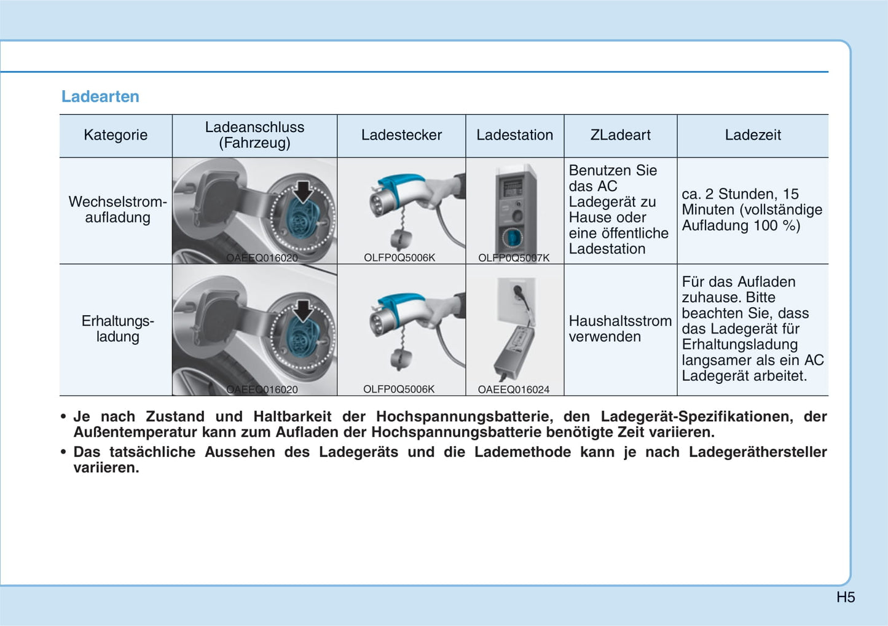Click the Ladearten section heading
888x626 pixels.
pyautogui.click(x=100, y=96)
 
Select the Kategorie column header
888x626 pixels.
pyautogui.click(x=116, y=135)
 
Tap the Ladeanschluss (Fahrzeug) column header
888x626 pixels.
pyautogui.click(x=254, y=135)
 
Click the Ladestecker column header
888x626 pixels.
pyautogui.click(x=401, y=135)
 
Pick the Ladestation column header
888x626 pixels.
pyautogui.click(x=514, y=135)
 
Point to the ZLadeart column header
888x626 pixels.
pyautogui.click(x=620, y=135)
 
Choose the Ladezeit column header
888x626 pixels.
pyautogui.click(x=752, y=135)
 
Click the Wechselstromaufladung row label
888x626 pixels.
pyautogui.click(x=117, y=209)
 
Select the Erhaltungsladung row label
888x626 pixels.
pyautogui.click(x=117, y=329)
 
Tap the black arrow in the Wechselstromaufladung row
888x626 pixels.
pyautogui.click(x=302, y=191)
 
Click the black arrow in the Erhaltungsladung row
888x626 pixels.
pyautogui.click(x=302, y=310)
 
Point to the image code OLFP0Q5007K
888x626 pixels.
pyautogui.click(x=514, y=258)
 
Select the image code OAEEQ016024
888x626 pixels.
pyautogui.click(x=514, y=389)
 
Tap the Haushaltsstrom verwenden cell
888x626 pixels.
pyautogui.click(x=619, y=329)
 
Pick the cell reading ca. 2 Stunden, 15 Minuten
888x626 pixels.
pyautogui.click(x=752, y=209)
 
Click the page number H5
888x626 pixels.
pyautogui.click(x=846, y=597)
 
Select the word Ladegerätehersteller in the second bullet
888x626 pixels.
pyautogui.click(x=757, y=452)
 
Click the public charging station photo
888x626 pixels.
pyautogui.click(x=515, y=209)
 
